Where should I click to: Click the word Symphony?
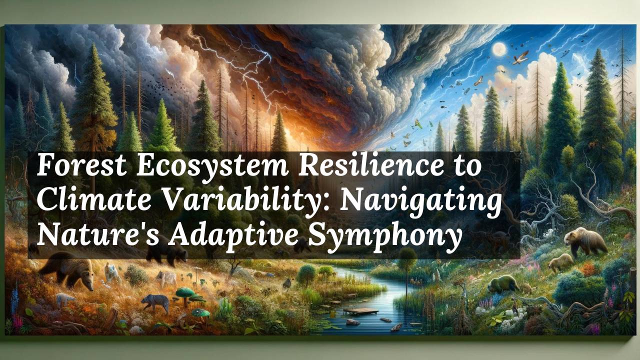coord(384,236)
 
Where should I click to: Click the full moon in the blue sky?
coord(499,48)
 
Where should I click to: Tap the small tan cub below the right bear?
coord(560,261)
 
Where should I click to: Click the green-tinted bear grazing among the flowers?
coord(503,284)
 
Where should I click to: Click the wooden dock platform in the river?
coord(359,311)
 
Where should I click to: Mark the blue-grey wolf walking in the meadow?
coord(154,302)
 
